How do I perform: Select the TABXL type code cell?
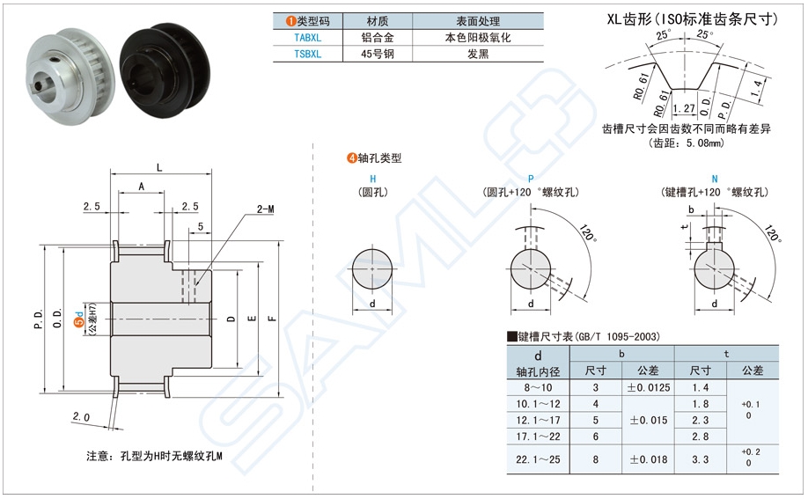coord(307,38)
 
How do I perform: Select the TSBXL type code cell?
coord(307,54)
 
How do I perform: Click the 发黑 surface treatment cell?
coord(478,54)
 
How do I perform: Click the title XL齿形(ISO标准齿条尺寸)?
coord(693,17)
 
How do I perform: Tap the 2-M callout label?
coord(265,209)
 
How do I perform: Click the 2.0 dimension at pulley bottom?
coord(81,416)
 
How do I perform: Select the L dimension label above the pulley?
coord(158,167)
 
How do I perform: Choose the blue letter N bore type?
coord(714,178)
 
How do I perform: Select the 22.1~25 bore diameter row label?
coord(539,459)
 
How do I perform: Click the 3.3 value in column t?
coord(701,459)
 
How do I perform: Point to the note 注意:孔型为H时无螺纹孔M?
coord(155,457)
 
